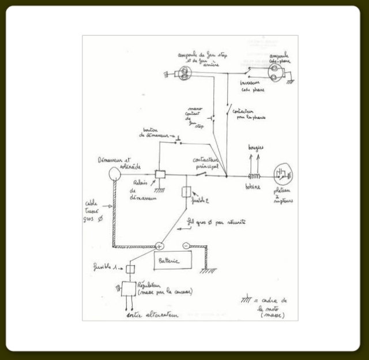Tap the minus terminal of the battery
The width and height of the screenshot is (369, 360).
(x=186, y=246)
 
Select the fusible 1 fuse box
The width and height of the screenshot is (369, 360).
(x=130, y=268)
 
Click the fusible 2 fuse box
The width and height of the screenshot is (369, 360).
(x=186, y=192)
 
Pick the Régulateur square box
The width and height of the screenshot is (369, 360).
(x=127, y=288)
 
